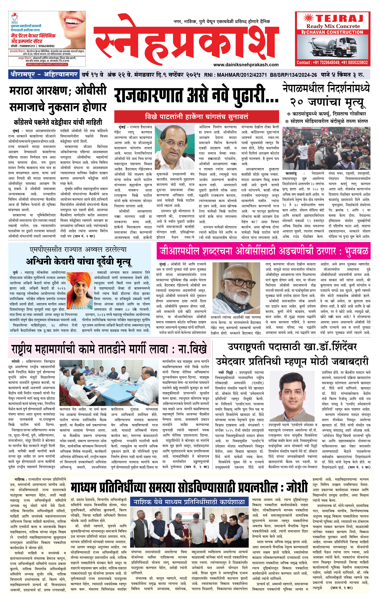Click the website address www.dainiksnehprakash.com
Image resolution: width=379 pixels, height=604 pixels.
[246, 65]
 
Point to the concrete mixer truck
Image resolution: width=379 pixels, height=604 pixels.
[333, 47]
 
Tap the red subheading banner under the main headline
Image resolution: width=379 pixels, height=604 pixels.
[196, 117]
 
